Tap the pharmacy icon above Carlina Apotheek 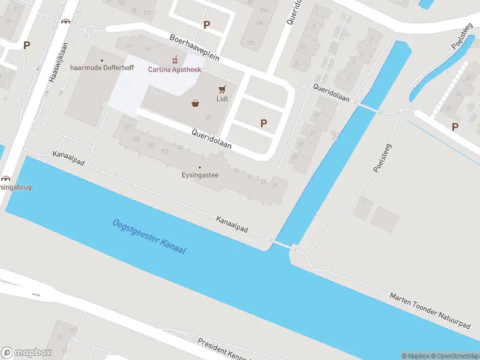click(x=175, y=59)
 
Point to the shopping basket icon click(x=196, y=103)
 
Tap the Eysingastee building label click(x=200, y=175)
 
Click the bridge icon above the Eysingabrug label click(x=6, y=178)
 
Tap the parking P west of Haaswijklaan click(x=26, y=45)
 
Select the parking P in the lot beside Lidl click(x=263, y=123)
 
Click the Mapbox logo click(x=26, y=353)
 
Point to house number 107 click(x=127, y=127)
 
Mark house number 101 click(x=164, y=151)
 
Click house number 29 click(x=263, y=181)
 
